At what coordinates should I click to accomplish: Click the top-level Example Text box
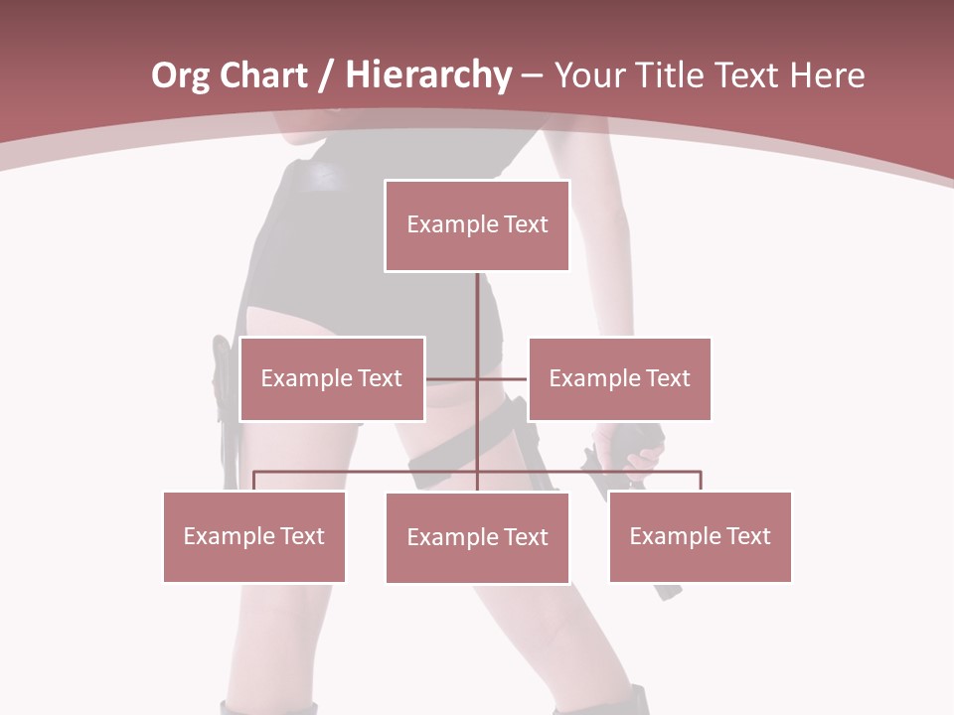[x=477, y=225]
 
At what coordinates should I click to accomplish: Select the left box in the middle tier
[x=332, y=378]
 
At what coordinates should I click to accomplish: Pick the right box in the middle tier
[x=619, y=378]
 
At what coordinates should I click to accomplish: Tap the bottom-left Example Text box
[x=254, y=536]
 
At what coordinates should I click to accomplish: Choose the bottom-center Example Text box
[x=477, y=537]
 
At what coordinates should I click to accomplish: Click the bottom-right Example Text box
[x=700, y=536]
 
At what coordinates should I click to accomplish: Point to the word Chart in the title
[x=265, y=75]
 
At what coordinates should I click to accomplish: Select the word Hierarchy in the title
[x=427, y=75]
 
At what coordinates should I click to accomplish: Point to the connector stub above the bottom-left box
[x=254, y=482]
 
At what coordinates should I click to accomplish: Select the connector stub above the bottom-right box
[x=701, y=482]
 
